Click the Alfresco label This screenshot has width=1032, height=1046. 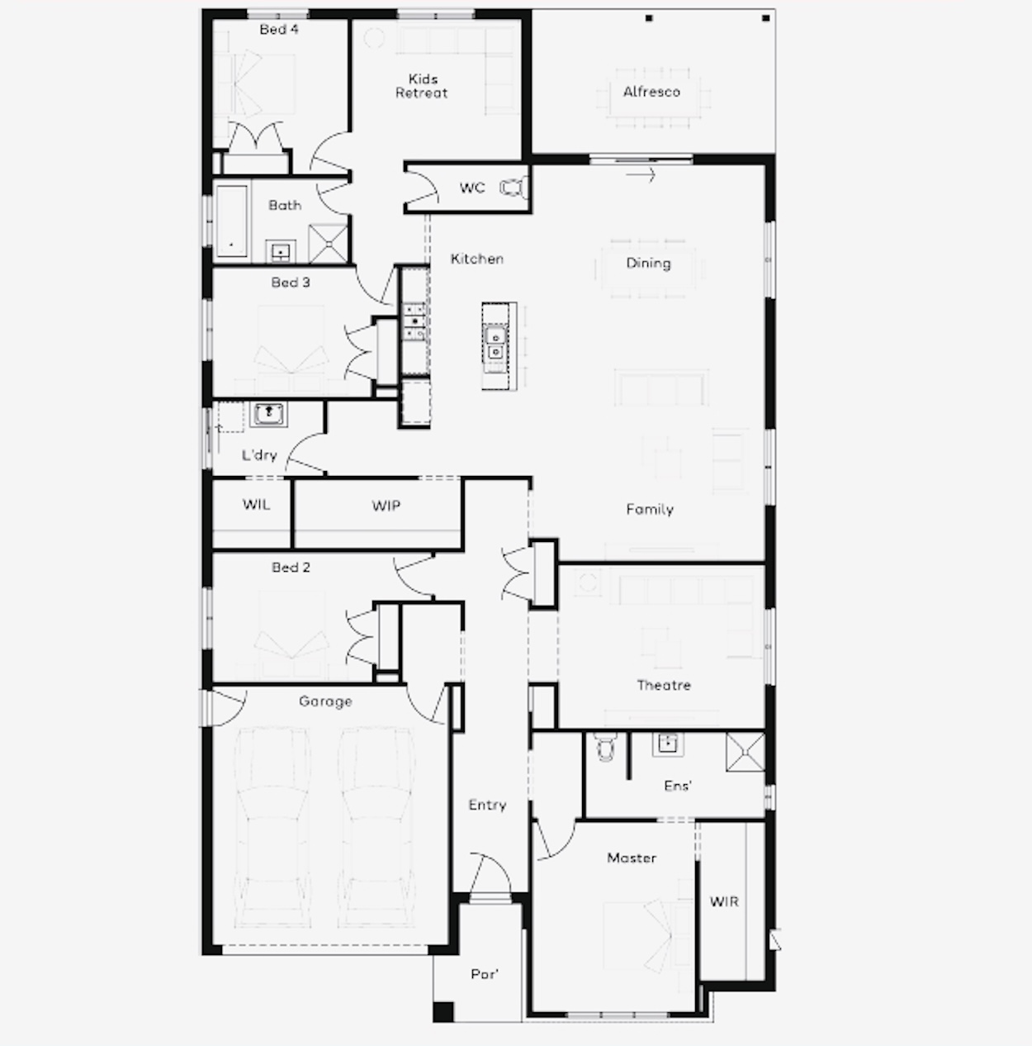651,92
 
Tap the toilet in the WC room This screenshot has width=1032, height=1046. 513,188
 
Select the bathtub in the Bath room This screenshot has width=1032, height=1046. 232,221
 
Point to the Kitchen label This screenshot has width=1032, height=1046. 477,259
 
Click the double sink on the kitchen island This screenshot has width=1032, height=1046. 495,345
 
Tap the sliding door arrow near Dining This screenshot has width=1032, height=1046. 641,175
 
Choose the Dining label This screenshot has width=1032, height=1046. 648,264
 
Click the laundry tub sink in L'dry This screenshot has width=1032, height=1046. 268,414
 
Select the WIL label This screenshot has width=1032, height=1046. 256,505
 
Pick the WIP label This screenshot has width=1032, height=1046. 386,506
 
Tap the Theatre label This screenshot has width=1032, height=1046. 664,685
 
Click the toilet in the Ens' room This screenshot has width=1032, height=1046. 605,746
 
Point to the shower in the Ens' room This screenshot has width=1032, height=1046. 746,751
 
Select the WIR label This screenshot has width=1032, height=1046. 724,901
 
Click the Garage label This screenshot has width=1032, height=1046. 325,701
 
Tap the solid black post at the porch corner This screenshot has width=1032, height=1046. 443,1012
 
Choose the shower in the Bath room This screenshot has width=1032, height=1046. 328,244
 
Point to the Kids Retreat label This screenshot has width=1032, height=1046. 422,86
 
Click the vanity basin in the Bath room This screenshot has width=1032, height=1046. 281,251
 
